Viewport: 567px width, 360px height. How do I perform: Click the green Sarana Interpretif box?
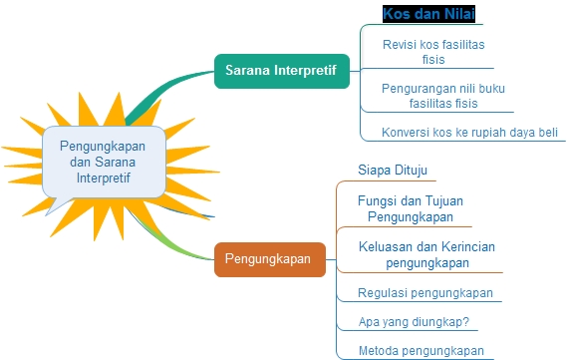click(281, 72)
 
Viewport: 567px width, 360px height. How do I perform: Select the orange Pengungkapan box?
click(269, 259)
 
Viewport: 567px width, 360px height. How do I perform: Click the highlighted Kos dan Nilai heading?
click(429, 15)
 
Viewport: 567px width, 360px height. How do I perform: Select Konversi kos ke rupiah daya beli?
click(469, 133)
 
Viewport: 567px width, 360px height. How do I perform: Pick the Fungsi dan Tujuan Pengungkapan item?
click(410, 207)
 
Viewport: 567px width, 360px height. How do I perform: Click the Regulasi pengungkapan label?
click(425, 293)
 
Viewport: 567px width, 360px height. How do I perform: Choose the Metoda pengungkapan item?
click(421, 350)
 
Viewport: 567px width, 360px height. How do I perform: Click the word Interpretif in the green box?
click(303, 72)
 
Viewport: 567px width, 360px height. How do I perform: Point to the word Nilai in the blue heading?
click(458, 15)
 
